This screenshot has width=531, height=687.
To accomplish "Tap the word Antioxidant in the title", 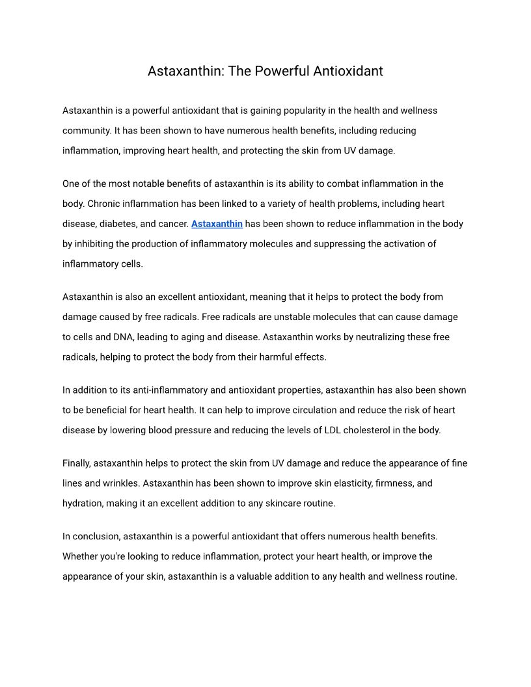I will (x=348, y=71).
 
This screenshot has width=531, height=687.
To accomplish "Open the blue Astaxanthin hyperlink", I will (x=217, y=224).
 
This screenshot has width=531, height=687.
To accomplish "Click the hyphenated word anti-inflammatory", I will (x=171, y=390).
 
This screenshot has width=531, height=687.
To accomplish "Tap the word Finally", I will (x=77, y=464).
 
